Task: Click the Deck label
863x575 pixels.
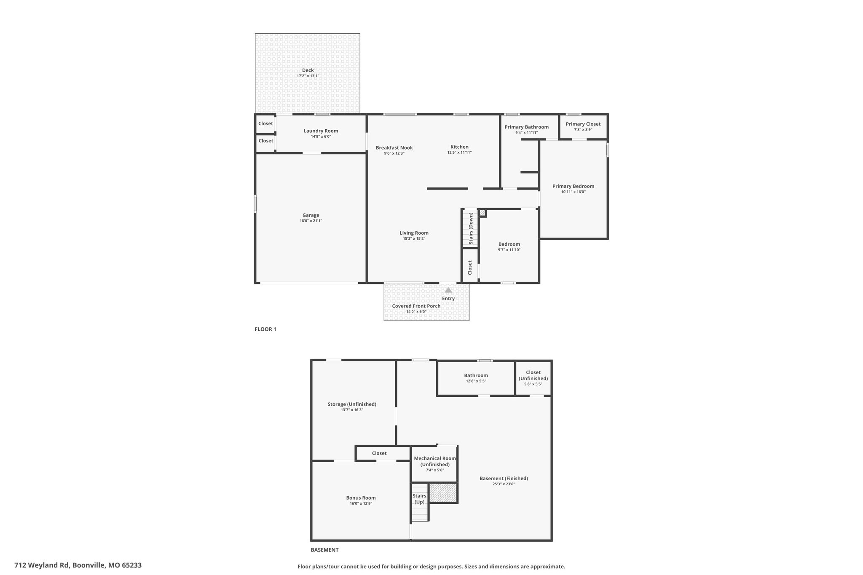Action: (x=308, y=70)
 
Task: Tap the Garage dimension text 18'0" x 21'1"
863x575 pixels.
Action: (x=311, y=221)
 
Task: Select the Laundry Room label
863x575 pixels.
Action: (x=321, y=131)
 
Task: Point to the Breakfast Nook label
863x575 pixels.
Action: (x=394, y=148)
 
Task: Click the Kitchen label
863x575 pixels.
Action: (x=459, y=147)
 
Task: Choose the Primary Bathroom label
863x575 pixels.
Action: (x=526, y=127)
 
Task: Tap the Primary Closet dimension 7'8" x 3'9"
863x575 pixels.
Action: (x=583, y=130)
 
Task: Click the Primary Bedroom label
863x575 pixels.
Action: (x=573, y=186)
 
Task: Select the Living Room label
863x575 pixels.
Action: (x=414, y=233)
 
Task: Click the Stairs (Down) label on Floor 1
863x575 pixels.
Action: (x=471, y=228)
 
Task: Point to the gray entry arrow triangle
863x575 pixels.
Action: (x=448, y=290)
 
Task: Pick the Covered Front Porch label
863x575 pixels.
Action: (x=416, y=306)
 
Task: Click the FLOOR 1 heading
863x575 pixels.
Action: (x=265, y=329)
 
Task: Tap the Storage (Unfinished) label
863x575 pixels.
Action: (x=352, y=404)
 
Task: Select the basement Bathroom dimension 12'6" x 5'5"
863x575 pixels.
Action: (x=476, y=381)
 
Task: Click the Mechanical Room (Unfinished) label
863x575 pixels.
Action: (x=435, y=461)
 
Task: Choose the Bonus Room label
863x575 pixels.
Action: (x=361, y=498)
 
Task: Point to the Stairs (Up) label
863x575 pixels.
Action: (x=419, y=499)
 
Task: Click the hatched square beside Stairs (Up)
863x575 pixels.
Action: (x=443, y=493)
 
